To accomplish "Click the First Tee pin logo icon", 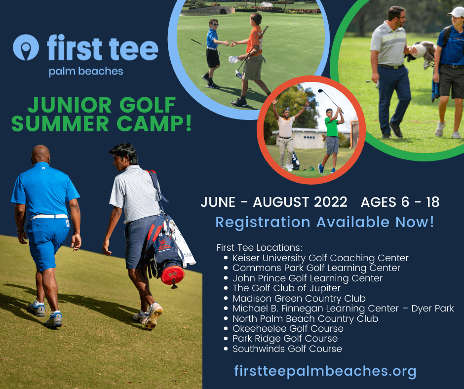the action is [x=26, y=47].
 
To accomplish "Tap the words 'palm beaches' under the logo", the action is [x=86, y=72].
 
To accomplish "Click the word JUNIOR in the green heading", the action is [x=69, y=105].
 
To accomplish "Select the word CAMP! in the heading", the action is [x=154, y=123].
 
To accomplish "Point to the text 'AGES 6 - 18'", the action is [x=400, y=202].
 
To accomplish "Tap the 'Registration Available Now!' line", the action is [x=325, y=222].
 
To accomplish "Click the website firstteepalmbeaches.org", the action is [x=325, y=371].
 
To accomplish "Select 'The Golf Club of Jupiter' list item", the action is [x=286, y=288].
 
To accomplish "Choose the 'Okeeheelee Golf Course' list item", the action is [x=288, y=329].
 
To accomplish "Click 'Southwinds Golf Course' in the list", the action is [x=287, y=349].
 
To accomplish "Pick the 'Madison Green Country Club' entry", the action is [x=299, y=298].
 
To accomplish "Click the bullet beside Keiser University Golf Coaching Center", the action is [x=226, y=258].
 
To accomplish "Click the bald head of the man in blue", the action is [x=40, y=154].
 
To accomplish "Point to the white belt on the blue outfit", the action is [x=50, y=217].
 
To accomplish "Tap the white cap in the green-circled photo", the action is [x=457, y=12].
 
